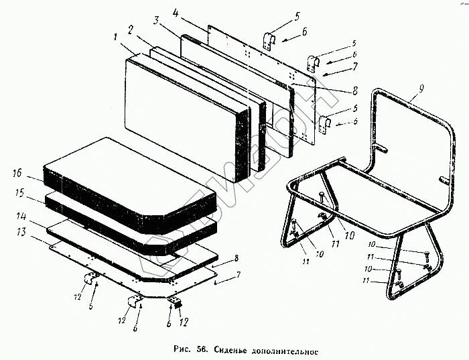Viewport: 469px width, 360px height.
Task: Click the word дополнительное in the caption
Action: tap(285, 350)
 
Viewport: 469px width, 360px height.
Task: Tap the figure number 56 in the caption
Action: tap(199, 349)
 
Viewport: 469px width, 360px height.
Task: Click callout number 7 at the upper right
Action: tap(354, 66)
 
